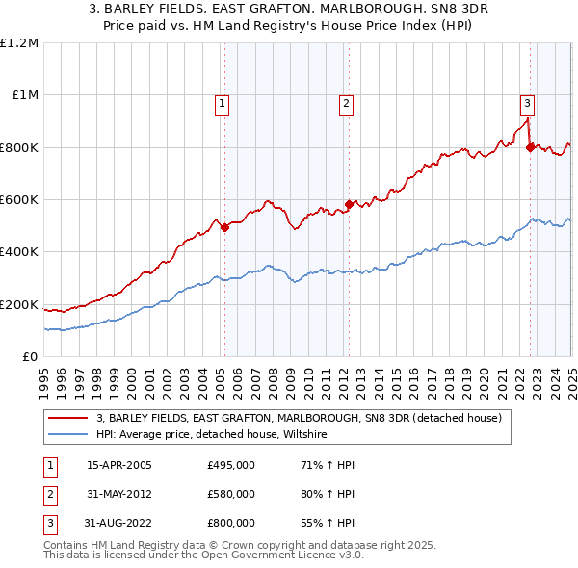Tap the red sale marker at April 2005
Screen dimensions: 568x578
(x=224, y=228)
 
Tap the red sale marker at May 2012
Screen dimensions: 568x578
(x=349, y=204)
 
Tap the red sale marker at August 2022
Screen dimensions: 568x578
(x=530, y=147)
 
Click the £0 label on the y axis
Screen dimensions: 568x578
(x=29, y=357)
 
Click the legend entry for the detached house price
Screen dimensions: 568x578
(x=299, y=419)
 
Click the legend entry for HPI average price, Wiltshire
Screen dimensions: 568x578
(x=212, y=435)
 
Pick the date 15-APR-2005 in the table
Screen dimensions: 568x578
(x=119, y=465)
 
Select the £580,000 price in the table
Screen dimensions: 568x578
(x=231, y=494)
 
